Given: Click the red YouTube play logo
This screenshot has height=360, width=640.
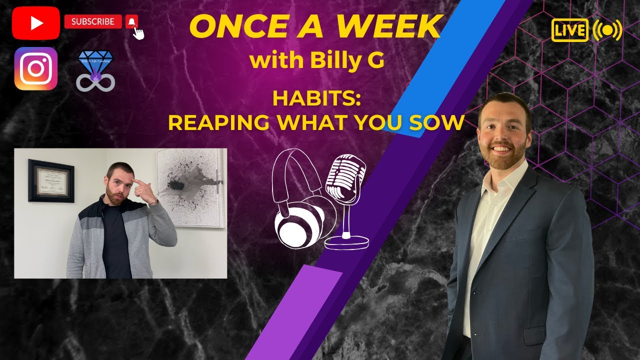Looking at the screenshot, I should (x=36, y=23).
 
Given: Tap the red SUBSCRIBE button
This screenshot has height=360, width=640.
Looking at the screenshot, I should (x=93, y=21).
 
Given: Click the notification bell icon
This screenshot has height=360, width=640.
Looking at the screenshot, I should (x=131, y=21).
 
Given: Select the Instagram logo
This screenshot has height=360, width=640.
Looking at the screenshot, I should (x=36, y=68).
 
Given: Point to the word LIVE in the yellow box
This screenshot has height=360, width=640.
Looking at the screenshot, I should (x=569, y=30).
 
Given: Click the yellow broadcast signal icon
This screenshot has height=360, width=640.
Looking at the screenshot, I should (x=607, y=30).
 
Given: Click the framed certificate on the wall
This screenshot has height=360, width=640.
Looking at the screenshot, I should (x=51, y=180).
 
